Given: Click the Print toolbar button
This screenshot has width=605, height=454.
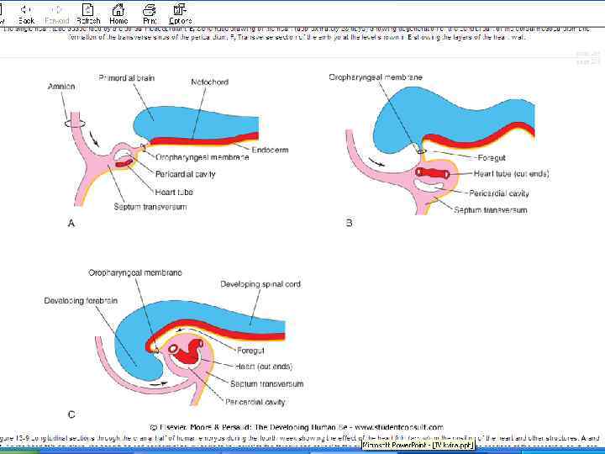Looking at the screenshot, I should point(150,13).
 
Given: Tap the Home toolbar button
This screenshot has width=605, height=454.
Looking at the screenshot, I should point(118,13).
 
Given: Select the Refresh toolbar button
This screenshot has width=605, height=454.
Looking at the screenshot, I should point(87,13).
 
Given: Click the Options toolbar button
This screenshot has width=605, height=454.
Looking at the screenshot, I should point(180,13).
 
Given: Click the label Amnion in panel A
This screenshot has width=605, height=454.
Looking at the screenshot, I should point(61,86).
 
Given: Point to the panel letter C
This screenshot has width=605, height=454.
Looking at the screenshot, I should point(71,414).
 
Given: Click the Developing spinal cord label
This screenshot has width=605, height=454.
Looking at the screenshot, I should point(261,284).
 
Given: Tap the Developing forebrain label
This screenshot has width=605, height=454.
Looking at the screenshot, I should point(81,300).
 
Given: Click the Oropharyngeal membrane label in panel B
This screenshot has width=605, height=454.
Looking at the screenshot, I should point(375,77).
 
